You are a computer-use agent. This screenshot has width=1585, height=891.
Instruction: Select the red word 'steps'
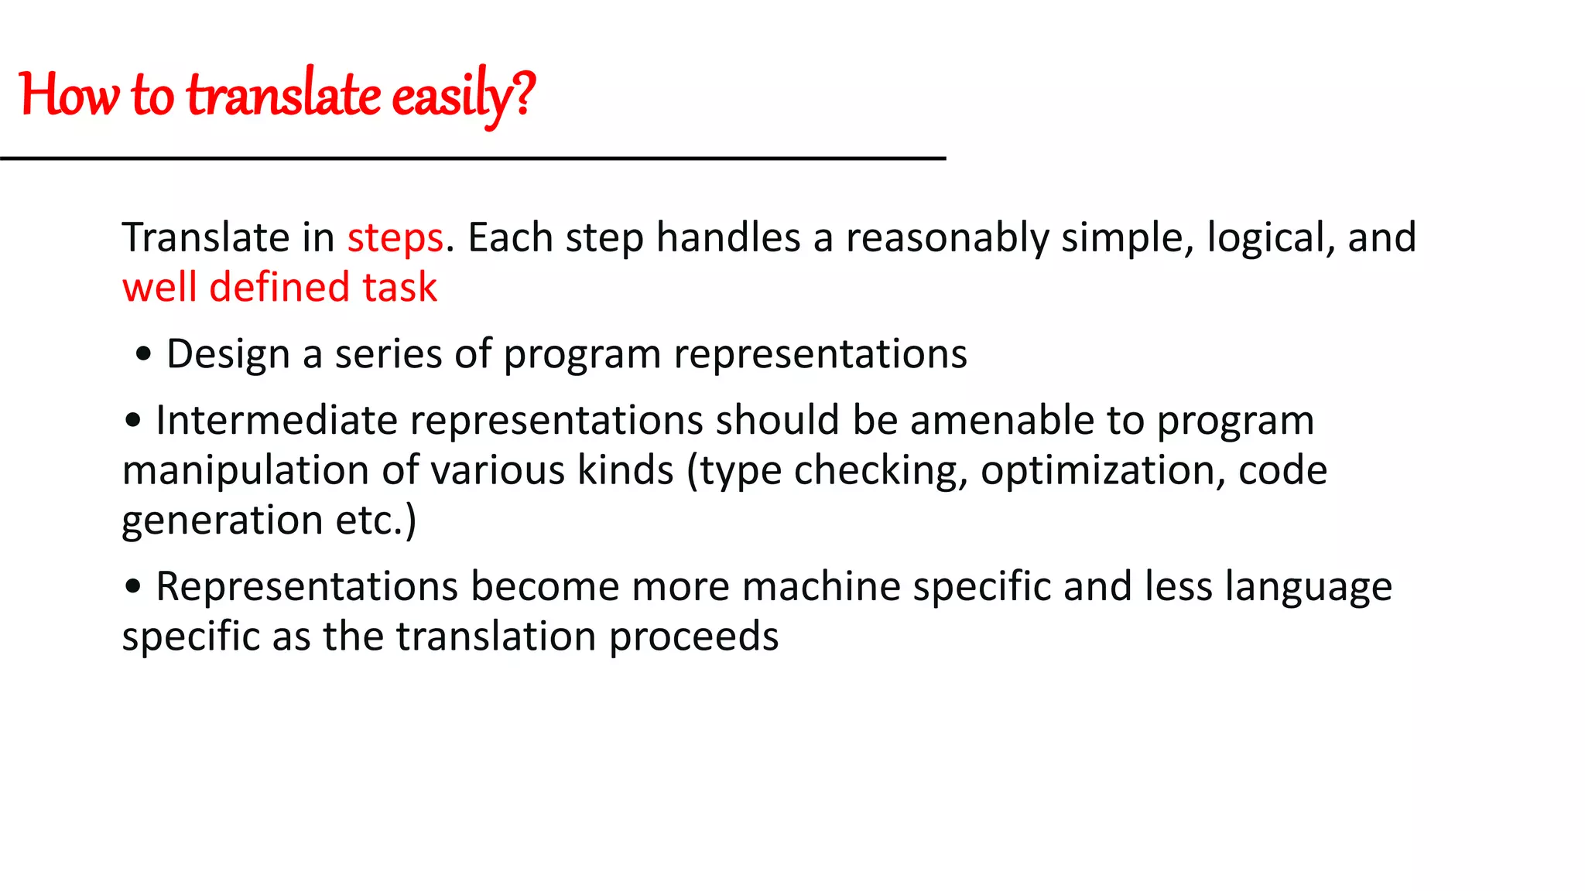coord(395,237)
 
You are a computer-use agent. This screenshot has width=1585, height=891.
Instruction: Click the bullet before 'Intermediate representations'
coord(133,421)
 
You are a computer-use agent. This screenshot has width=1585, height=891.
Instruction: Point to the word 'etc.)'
coord(375,520)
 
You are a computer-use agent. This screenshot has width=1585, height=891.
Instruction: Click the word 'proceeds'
coord(693,637)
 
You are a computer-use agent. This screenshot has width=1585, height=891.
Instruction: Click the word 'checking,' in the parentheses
coord(881,470)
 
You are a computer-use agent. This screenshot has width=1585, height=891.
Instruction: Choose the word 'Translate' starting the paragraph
coord(205,237)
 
